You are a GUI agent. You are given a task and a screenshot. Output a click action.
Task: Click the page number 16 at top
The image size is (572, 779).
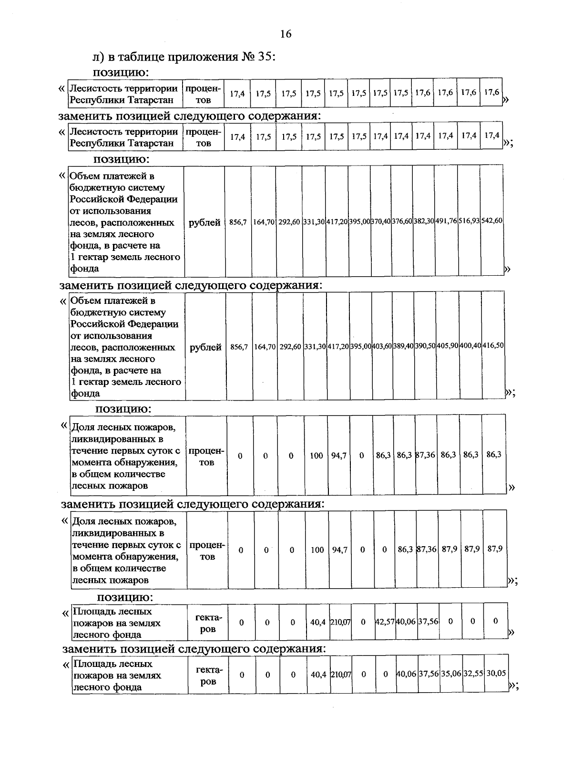click(x=286, y=34)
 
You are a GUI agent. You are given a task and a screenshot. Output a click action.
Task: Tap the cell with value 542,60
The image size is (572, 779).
click(x=492, y=221)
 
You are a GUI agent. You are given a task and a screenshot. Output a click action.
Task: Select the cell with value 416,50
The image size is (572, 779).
click(x=493, y=345)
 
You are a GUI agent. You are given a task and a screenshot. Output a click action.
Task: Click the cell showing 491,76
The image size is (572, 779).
click(x=446, y=221)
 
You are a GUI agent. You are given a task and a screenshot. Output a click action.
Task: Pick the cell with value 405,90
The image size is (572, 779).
click(x=448, y=345)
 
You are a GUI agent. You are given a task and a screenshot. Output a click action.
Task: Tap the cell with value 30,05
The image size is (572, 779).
click(x=496, y=673)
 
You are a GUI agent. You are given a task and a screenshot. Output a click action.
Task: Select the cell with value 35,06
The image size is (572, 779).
click(x=451, y=674)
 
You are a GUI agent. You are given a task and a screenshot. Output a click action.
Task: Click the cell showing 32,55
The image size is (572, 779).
click(x=474, y=674)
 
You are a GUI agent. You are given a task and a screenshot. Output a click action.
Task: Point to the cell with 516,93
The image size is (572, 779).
click(x=469, y=221)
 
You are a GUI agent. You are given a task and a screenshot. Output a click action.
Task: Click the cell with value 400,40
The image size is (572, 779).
click(x=470, y=345)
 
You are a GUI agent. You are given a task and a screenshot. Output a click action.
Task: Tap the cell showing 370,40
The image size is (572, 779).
click(x=381, y=221)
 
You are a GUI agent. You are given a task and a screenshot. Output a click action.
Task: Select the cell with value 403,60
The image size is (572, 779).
click(x=382, y=345)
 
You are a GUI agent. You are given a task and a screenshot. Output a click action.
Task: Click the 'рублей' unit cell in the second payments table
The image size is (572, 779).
click(x=205, y=347)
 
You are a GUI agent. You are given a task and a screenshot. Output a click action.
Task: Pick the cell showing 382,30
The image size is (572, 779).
click(x=424, y=221)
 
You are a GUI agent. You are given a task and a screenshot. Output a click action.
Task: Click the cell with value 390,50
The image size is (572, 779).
click(x=425, y=345)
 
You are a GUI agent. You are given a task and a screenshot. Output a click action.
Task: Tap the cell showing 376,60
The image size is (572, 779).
click(x=402, y=221)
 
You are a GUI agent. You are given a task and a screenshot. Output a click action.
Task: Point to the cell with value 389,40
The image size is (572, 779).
click(x=403, y=345)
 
